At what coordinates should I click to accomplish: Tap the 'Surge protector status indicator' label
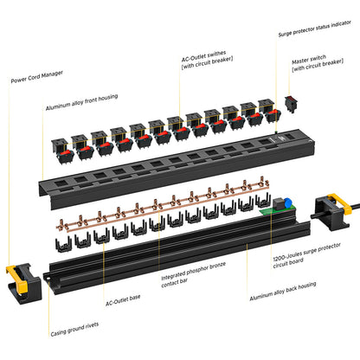[314, 35]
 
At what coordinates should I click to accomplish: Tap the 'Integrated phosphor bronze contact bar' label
[192, 282]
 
